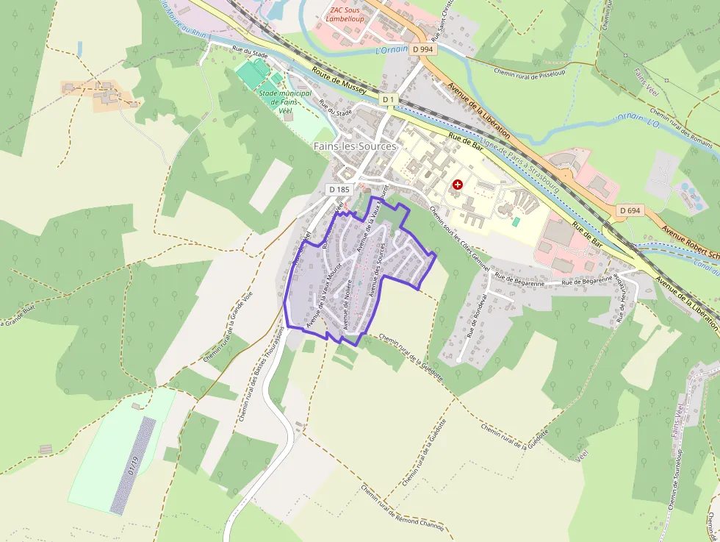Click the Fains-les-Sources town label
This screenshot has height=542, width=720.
click(355, 146)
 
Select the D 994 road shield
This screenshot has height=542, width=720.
click(422, 49)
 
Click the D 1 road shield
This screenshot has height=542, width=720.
click(389, 99)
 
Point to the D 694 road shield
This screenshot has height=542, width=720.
click(630, 210)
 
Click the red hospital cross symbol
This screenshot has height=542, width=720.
click(458, 185)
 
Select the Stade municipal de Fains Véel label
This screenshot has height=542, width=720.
click(285, 101)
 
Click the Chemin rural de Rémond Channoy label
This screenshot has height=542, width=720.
click(402, 510)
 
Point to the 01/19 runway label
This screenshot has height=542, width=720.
click(133, 466)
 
